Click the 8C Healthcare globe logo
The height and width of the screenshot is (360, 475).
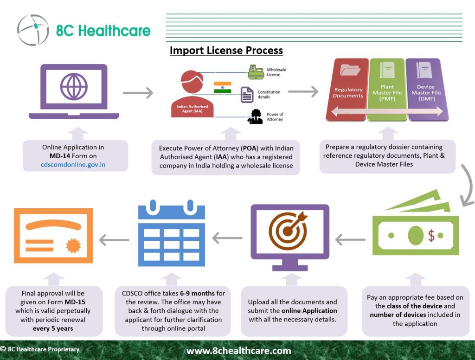(33, 30)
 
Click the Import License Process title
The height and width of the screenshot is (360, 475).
(226, 50)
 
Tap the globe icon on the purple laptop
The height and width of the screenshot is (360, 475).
(74, 86)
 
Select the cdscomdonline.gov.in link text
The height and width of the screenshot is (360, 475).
(73, 165)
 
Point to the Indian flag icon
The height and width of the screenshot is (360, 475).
(223, 87)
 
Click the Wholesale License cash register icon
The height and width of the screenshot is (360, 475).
(256, 72)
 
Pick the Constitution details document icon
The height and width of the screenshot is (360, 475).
(247, 95)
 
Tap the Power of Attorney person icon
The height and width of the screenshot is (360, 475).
(256, 116)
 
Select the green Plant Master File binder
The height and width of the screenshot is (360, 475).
(387, 90)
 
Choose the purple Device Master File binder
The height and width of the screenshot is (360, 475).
(427, 90)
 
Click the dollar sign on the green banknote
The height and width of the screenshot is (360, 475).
(431, 235)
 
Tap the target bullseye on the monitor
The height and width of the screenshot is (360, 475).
(288, 231)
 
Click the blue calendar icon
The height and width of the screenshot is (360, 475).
(172, 233)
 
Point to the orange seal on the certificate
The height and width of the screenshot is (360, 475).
(73, 245)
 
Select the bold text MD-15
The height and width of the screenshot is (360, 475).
(75, 302)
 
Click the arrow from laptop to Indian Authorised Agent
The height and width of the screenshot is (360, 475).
(138, 93)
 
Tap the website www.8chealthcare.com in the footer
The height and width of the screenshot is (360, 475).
(239, 351)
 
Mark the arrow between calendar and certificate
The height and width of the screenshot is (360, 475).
(114, 240)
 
